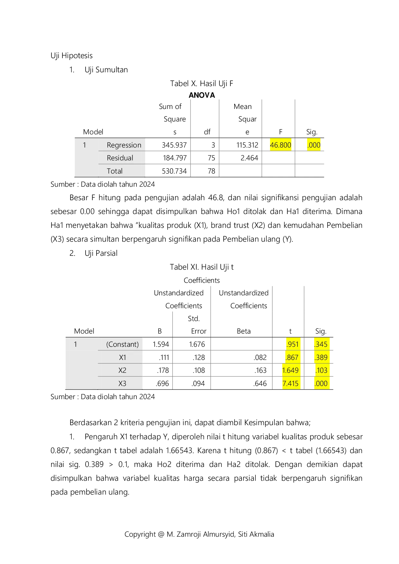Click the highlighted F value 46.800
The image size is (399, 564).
(280, 145)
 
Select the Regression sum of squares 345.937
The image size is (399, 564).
(174, 145)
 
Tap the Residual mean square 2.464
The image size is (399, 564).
(249, 158)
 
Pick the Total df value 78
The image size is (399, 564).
(211, 171)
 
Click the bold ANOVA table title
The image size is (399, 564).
(202, 95)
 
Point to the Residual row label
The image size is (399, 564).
(120, 158)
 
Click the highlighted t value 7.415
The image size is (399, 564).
(291, 383)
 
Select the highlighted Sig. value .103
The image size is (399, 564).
(321, 370)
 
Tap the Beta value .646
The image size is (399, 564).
(260, 383)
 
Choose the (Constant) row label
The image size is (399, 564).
(123, 344)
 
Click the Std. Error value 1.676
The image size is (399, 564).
(197, 344)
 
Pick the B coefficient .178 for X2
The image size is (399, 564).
(163, 370)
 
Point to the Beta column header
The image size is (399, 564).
(244, 331)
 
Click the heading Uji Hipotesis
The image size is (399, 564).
(71, 56)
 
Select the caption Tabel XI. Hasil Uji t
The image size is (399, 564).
(202, 267)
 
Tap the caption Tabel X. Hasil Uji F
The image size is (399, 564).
(202, 84)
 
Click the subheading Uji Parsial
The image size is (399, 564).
(101, 253)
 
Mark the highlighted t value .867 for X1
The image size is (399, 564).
(292, 357)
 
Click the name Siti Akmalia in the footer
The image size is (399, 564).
(256, 534)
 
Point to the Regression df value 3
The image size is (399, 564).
(213, 145)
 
